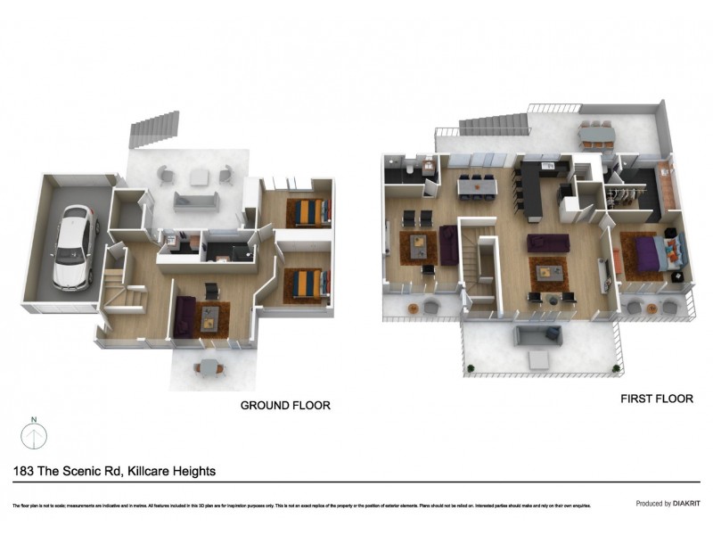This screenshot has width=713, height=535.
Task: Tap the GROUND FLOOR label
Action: pyautogui.click(x=285, y=406)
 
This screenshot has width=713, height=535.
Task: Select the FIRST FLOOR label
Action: pyautogui.click(x=656, y=399)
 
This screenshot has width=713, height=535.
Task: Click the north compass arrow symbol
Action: pyautogui.click(x=33, y=434)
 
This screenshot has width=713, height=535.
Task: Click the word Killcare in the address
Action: pyautogui.click(x=157, y=471)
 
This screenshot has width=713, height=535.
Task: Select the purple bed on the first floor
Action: pyautogui.click(x=658, y=251)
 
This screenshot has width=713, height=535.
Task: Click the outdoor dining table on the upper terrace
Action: pyautogui.click(x=596, y=136)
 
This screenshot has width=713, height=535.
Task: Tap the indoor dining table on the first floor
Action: pyautogui.click(x=477, y=187)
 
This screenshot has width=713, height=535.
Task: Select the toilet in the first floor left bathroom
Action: pyautogui.click(x=408, y=168)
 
